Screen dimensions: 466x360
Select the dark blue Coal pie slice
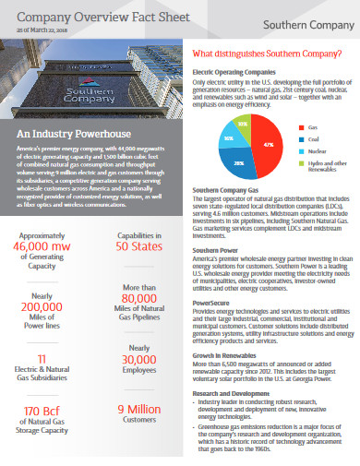239,160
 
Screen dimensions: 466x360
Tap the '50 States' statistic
139,246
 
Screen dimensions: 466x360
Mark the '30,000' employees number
139,360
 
